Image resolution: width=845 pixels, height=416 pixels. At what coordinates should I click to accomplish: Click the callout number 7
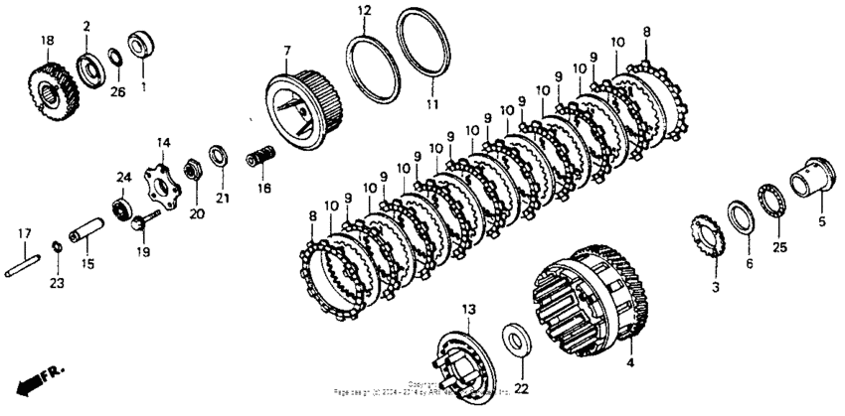click(287, 51)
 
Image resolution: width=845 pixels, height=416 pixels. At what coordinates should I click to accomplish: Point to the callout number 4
click(628, 363)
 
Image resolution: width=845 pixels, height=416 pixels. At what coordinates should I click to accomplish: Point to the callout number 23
click(57, 284)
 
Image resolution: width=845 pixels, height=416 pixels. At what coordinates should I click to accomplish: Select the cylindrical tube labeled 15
click(87, 239)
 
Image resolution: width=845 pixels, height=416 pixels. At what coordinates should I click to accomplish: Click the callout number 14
click(163, 143)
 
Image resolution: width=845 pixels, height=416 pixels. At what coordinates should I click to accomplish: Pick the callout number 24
click(123, 178)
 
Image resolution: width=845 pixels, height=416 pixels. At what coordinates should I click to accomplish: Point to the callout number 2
click(86, 26)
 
